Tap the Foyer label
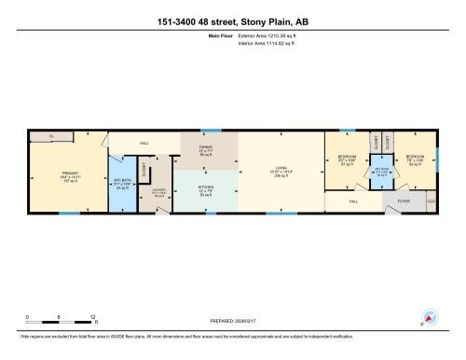tap(404, 201)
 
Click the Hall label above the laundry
tap(144, 144)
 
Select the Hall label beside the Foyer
tap(353, 201)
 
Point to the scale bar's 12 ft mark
tap(92, 317)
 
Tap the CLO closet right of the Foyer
tap(432, 201)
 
